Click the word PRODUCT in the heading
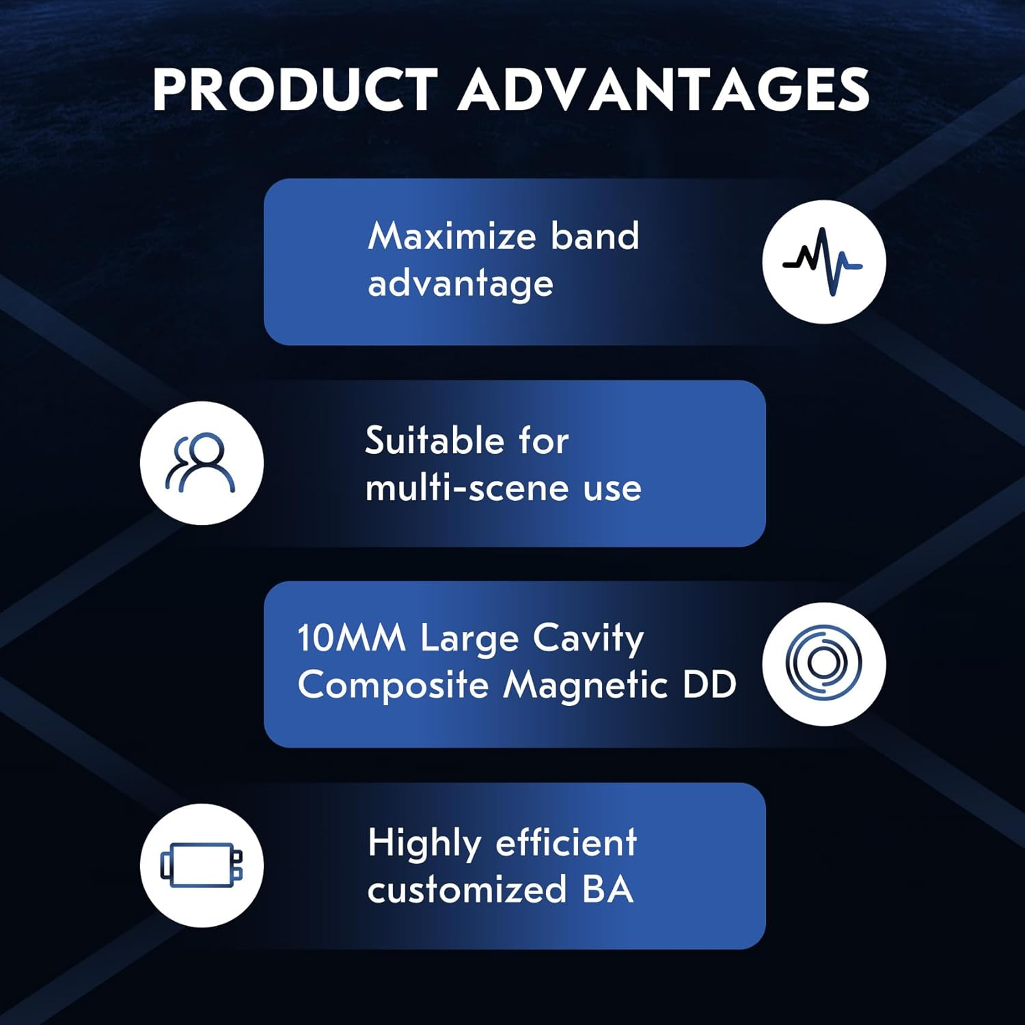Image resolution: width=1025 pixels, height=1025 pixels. (x=295, y=90)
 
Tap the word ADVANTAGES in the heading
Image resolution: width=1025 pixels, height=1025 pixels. (x=664, y=90)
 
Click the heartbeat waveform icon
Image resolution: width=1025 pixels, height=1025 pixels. (x=823, y=262)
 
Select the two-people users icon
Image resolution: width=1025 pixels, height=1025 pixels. (x=201, y=463)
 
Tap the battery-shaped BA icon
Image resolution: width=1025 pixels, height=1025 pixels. (x=202, y=865)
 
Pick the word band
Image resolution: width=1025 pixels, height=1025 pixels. (x=595, y=236)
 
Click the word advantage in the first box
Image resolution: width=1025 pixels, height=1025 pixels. (x=461, y=284)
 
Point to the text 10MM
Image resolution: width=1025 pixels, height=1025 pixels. (x=351, y=638)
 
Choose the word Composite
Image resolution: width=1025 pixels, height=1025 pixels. (x=393, y=685)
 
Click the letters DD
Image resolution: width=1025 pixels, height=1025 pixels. (x=709, y=685)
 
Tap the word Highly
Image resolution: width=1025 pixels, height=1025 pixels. (x=424, y=844)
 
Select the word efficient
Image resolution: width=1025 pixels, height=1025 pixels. (x=566, y=843)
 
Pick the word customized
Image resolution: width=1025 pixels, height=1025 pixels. (x=467, y=890)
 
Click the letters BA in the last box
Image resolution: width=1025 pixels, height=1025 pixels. (x=608, y=890)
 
